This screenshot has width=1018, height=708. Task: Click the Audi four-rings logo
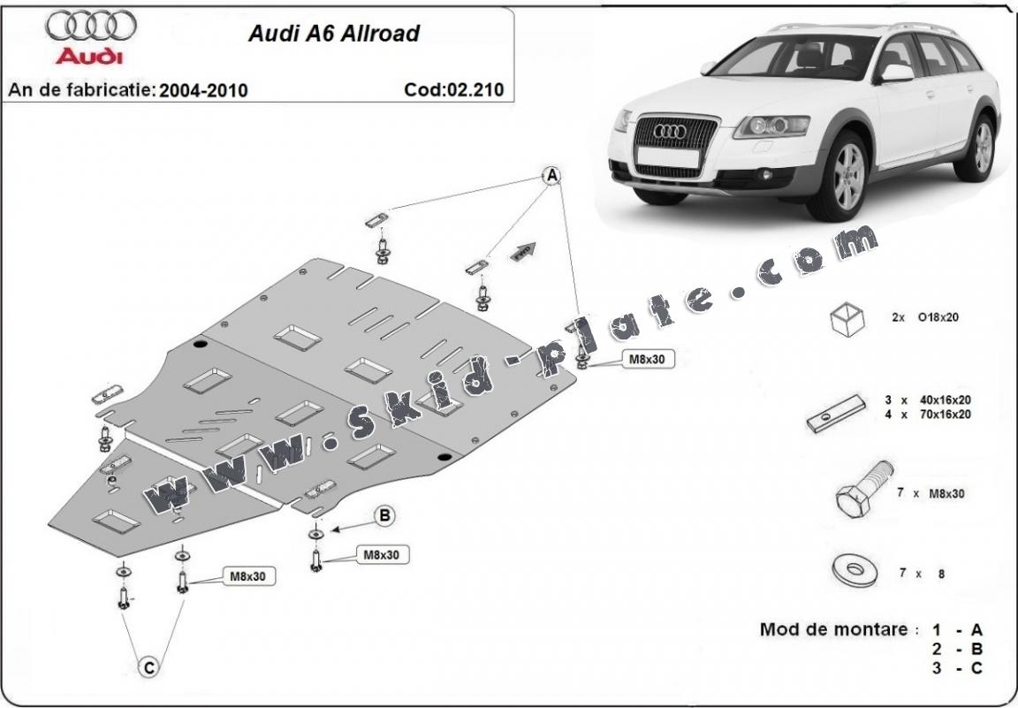click(91, 27)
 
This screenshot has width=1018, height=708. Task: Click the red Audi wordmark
click(89, 57)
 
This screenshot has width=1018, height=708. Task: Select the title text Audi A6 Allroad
click(334, 34)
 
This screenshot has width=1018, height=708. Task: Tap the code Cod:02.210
click(453, 89)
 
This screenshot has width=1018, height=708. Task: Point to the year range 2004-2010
click(204, 90)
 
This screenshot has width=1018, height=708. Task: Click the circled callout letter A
click(551, 175)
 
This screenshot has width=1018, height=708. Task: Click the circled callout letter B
click(385, 515)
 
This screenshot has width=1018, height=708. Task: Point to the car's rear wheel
click(982, 147)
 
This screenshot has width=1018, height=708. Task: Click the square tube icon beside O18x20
click(847, 317)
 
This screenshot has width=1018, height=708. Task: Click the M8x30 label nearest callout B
click(383, 554)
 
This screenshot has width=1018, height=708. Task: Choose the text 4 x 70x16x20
click(927, 414)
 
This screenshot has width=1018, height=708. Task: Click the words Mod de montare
click(833, 629)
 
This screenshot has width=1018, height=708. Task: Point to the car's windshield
click(785, 59)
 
